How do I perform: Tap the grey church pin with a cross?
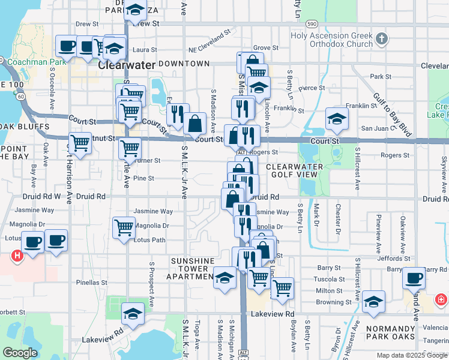(x=382, y=40)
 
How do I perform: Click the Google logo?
(x=20, y=352)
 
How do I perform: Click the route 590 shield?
(x=311, y=23)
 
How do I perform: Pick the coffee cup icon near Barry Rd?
(x=414, y=278)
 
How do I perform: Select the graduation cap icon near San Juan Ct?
(x=337, y=119)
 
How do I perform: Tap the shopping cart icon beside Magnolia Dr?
(x=124, y=227)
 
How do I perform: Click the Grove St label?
(x=266, y=47)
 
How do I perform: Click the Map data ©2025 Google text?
(x=411, y=355)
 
